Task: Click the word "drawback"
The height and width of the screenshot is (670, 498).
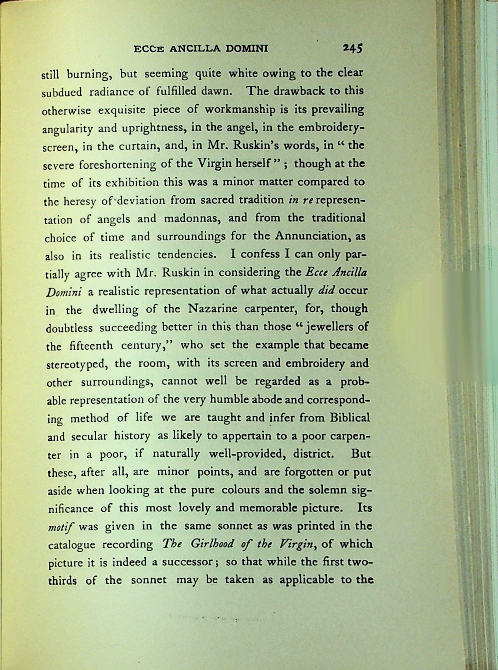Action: (295, 91)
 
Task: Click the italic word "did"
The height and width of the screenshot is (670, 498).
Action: (326, 291)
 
